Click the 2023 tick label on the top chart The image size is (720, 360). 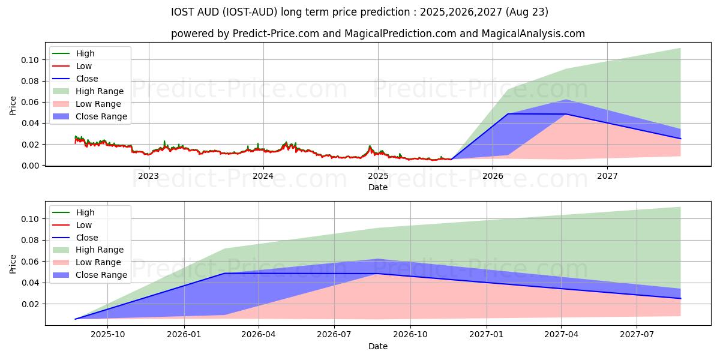(148, 176)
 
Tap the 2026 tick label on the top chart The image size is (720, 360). (493, 176)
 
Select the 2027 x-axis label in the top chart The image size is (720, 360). (607, 176)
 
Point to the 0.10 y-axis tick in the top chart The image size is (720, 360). (31, 60)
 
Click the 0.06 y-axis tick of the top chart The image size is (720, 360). (31, 103)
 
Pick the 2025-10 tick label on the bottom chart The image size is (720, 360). (109, 335)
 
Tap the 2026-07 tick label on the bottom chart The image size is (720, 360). (335, 335)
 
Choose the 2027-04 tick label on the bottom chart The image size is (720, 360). (561, 335)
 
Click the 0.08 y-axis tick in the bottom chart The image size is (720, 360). (31, 241)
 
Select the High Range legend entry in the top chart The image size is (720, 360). (100, 91)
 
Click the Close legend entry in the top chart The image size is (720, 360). (87, 79)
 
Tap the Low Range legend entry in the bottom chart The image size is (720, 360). (98, 262)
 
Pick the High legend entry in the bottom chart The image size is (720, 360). (85, 212)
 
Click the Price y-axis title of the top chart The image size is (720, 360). (13, 106)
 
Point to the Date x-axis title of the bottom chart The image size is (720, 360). (378, 346)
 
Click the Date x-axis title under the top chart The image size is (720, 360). (378, 187)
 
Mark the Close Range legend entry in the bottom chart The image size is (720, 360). (101, 275)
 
